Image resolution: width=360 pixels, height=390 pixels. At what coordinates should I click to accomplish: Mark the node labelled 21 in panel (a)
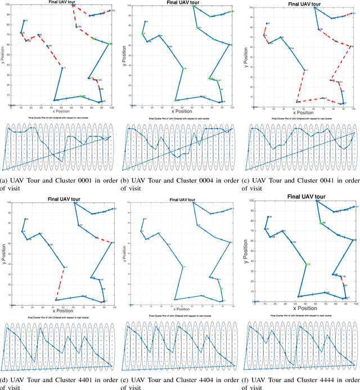click(x=24, y=21)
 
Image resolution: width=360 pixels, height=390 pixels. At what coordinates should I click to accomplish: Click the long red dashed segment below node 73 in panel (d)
click(x=60, y=284)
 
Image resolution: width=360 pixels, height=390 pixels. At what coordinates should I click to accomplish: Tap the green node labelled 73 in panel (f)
click(x=306, y=264)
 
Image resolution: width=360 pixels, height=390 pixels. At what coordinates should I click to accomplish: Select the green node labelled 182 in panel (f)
click(x=321, y=223)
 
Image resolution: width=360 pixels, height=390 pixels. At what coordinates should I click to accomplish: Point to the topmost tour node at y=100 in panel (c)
click(x=314, y=7)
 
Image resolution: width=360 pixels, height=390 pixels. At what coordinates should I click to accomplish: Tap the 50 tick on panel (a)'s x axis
click(x=61, y=107)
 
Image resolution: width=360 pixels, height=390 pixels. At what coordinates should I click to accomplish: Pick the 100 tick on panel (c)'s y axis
click(x=250, y=7)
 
